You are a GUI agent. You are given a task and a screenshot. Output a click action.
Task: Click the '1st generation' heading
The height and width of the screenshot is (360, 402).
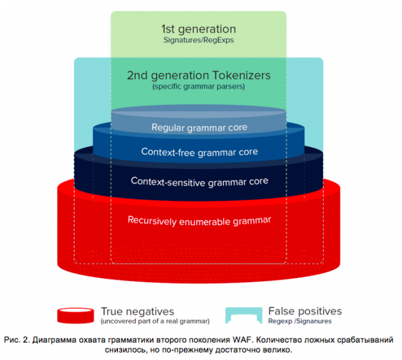[x=198, y=29]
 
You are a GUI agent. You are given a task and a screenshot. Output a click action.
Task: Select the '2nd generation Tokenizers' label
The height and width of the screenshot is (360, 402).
[x=199, y=75]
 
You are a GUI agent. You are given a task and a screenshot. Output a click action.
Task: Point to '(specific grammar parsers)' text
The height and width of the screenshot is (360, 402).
[x=199, y=87]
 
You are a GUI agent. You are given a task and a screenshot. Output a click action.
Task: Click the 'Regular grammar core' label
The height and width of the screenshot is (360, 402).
[x=199, y=127]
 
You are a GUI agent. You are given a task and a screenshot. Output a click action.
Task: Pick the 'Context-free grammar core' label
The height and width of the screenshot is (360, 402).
[x=199, y=152]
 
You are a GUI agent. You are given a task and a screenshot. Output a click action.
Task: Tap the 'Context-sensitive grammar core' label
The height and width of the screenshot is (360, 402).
[x=199, y=181]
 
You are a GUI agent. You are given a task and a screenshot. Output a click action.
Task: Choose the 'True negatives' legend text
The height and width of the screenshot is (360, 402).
[x=137, y=311]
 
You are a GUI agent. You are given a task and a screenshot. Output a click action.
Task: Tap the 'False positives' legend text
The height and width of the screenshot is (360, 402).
[x=305, y=311]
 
